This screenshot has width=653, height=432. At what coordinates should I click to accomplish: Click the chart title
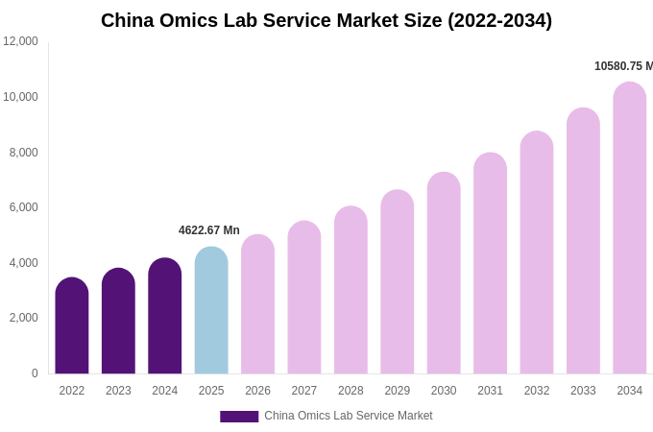pyautogui.click(x=326, y=20)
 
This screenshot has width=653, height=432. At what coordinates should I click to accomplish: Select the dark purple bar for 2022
pyautogui.click(x=72, y=326)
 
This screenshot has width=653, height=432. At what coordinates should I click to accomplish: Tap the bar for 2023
pyautogui.click(x=118, y=322)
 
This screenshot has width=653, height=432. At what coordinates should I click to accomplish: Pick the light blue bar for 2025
pyautogui.click(x=211, y=311)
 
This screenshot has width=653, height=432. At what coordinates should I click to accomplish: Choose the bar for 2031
pyautogui.click(x=490, y=264)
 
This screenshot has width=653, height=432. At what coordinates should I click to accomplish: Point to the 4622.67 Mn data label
pyautogui.click(x=209, y=230)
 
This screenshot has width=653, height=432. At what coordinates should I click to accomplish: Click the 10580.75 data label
pyautogui.click(x=623, y=66)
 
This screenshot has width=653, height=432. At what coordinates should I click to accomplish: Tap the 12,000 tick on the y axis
pyautogui.click(x=20, y=41)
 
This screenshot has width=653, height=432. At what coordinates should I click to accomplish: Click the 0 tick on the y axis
pyautogui.click(x=35, y=373)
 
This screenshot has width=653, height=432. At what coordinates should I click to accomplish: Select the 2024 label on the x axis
pyautogui.click(x=165, y=391)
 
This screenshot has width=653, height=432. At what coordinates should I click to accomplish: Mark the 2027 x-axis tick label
pyautogui.click(x=304, y=391)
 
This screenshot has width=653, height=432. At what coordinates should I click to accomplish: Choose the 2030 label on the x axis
pyautogui.click(x=444, y=391)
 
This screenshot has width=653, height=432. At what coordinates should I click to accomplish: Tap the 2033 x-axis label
pyautogui.click(x=583, y=391)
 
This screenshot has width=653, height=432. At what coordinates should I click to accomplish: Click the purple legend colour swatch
pyautogui.click(x=239, y=416)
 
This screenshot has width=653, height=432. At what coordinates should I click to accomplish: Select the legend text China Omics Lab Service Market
pyautogui.click(x=349, y=416)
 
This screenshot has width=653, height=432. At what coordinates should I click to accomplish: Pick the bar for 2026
pyautogui.click(x=257, y=305)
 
